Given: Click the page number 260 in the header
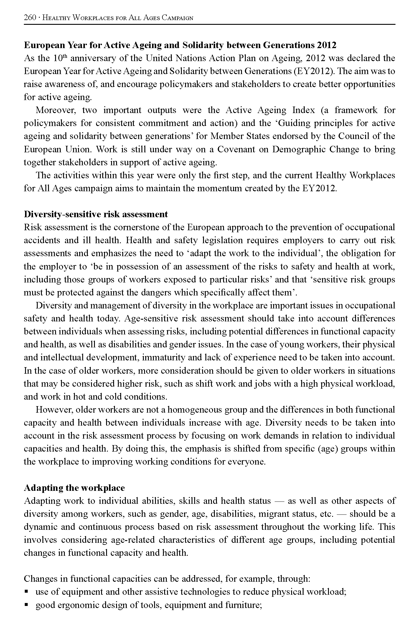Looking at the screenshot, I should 30,18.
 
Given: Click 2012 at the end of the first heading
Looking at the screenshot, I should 327,45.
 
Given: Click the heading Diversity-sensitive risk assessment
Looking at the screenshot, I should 96,214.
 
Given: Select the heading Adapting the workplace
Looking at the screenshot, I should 74,488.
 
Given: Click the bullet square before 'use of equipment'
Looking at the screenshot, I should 27,591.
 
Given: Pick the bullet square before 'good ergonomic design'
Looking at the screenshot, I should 27,604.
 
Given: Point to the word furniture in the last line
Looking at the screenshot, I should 243,605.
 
